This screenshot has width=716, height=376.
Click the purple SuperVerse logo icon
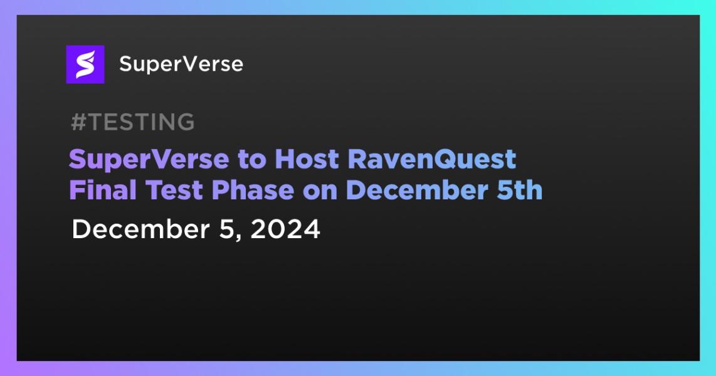(85, 65)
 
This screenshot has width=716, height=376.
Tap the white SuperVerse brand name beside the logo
(181, 65)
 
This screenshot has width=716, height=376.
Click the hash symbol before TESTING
(78, 122)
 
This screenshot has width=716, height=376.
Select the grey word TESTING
(141, 122)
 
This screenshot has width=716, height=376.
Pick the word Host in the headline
(307, 159)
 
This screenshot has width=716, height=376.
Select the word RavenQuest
(432, 159)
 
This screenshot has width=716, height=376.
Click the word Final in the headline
(103, 190)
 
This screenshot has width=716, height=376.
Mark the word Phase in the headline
(253, 190)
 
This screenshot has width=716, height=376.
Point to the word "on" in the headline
(320, 192)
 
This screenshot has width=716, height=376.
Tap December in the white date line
(140, 229)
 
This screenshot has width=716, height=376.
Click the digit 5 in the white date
(226, 229)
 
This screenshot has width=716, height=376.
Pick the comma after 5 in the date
(238, 238)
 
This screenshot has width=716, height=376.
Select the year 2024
(285, 229)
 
